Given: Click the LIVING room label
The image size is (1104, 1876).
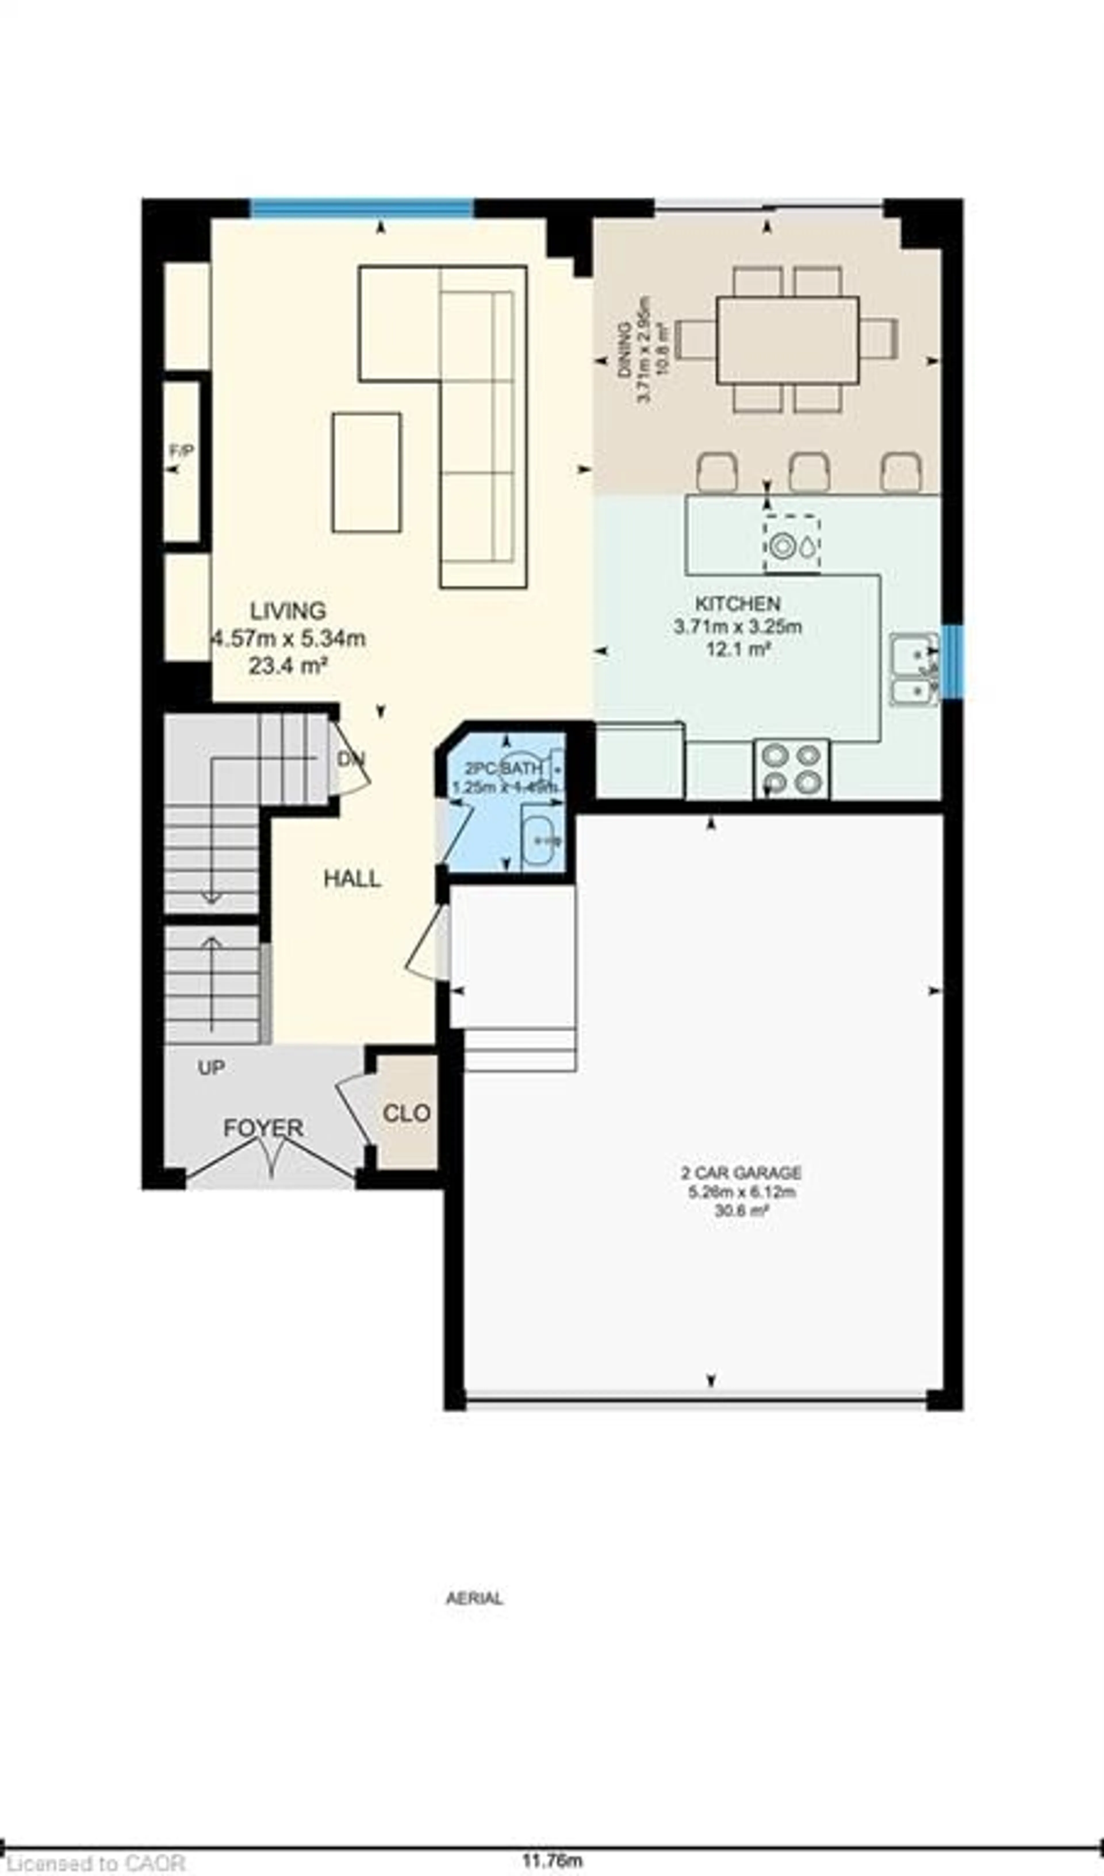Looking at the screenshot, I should (288, 611).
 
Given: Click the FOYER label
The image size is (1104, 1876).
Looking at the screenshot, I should (264, 1128).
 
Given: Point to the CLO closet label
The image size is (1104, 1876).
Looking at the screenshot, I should (407, 1113).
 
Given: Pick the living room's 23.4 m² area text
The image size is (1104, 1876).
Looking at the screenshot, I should (288, 665).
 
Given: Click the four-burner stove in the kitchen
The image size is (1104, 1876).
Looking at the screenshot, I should (791, 769).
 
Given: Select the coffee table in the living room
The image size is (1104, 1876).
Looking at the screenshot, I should (366, 473).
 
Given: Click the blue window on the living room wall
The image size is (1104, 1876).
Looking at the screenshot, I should (362, 208).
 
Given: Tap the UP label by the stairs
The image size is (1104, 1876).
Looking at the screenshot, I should (211, 1068).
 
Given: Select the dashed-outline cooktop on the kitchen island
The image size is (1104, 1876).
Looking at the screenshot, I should (791, 545).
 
